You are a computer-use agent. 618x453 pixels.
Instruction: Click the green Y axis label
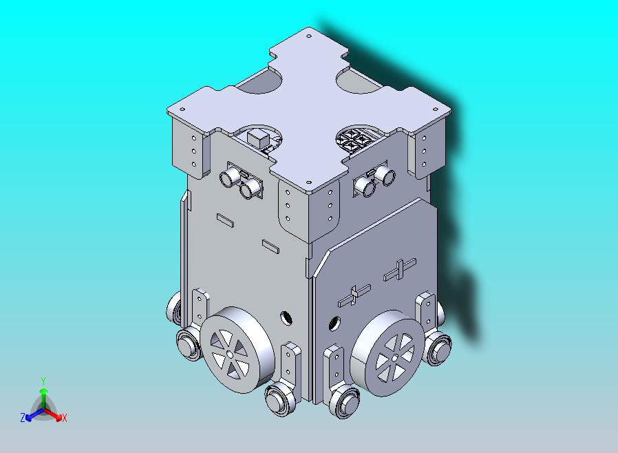pyautogui.click(x=43, y=381)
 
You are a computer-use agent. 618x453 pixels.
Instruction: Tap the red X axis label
pyautogui.click(x=65, y=418)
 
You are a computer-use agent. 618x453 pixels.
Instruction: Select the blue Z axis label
pyautogui.click(x=23, y=417)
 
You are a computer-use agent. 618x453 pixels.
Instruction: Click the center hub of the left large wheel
pyautogui.click(x=230, y=355)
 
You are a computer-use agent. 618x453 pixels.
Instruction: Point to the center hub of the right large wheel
pyautogui.click(x=394, y=358)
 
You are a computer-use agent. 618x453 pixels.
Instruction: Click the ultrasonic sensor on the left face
pyautogui.click(x=241, y=180)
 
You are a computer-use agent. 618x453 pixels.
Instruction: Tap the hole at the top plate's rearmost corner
pyautogui.click(x=309, y=36)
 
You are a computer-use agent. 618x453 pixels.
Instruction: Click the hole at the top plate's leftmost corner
pyautogui.click(x=182, y=109)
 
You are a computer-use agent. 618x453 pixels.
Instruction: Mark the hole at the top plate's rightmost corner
pyautogui.click(x=436, y=109)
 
